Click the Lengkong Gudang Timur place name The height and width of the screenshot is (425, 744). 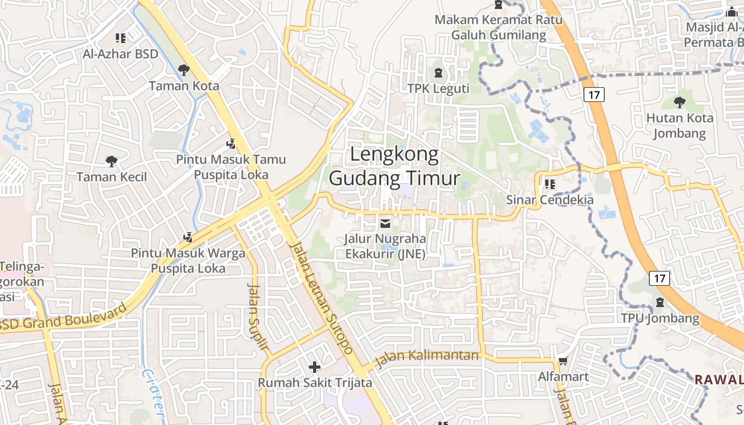[x=394, y=166]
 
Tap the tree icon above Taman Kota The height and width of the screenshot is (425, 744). [x=183, y=70]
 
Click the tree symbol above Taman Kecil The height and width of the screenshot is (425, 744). [x=111, y=161]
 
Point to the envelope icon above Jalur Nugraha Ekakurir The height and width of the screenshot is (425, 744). [x=385, y=224]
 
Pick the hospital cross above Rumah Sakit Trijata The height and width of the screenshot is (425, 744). [x=315, y=367]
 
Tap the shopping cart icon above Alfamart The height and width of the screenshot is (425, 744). [x=563, y=361]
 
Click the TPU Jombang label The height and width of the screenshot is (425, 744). [x=660, y=318]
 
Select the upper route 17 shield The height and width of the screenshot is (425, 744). [x=594, y=95]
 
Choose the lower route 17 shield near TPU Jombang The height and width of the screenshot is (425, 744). [x=660, y=278]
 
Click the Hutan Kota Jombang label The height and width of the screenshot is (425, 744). [x=679, y=125]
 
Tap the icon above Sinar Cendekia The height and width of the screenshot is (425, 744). [x=549, y=184]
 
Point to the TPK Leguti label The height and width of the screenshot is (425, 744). [x=438, y=88]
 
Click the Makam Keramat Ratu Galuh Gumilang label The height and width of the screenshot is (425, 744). [x=498, y=28]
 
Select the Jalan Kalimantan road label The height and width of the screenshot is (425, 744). [x=427, y=359]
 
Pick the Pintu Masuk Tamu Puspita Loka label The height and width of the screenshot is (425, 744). [x=231, y=167]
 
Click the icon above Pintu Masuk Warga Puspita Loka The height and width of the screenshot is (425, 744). [x=188, y=237]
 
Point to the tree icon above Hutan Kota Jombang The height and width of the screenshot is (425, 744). [x=679, y=102]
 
